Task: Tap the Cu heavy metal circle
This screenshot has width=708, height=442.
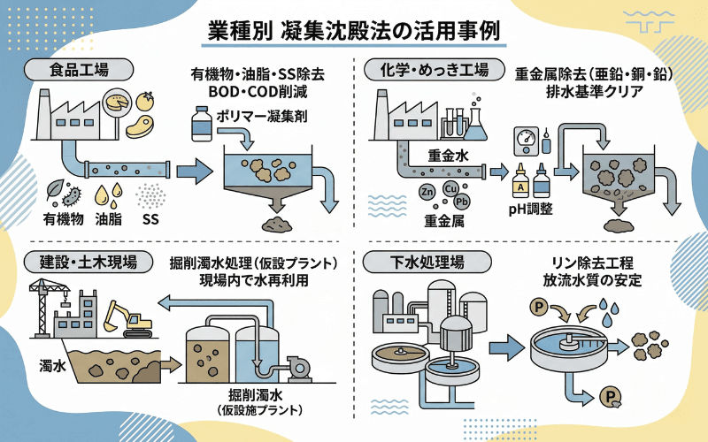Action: (x=450, y=188)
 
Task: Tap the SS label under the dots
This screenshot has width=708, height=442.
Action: (x=150, y=218)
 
